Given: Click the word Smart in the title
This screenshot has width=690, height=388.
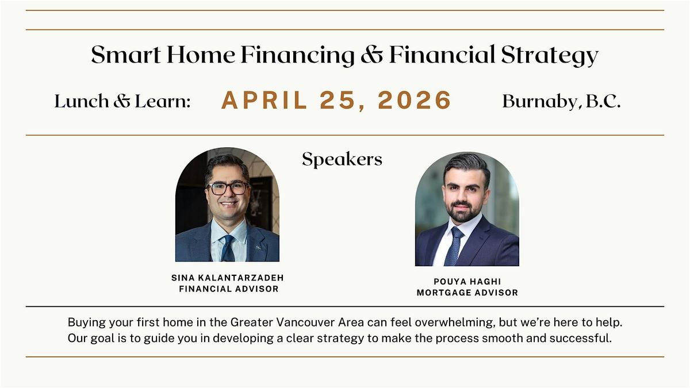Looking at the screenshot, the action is click(x=126, y=55).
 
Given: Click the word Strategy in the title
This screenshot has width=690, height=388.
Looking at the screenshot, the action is click(x=550, y=56).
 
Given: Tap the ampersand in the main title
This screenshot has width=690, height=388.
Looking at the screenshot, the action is click(x=372, y=55).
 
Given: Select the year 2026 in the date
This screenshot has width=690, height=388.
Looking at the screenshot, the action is click(x=415, y=101).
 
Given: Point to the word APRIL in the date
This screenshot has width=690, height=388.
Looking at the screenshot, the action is click(x=264, y=101).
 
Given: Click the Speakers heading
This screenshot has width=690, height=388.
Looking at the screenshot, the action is click(x=342, y=160).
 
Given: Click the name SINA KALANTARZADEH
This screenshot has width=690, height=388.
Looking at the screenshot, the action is click(x=227, y=278).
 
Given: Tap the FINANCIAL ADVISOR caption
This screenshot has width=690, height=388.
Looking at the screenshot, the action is click(x=229, y=289).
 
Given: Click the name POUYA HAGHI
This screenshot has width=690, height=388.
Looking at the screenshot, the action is click(x=467, y=282).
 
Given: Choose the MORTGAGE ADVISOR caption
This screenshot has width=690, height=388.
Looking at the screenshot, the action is click(x=467, y=293).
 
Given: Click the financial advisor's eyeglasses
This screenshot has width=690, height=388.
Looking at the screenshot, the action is click(x=228, y=188).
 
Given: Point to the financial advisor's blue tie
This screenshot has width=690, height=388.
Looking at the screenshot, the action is click(x=228, y=248).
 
